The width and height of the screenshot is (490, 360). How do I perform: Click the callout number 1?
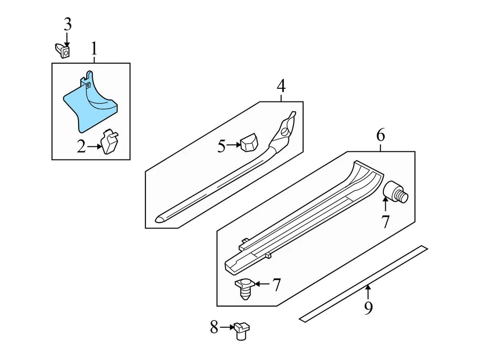coord(94,49)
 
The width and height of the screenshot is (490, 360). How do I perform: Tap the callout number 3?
coord(67,24)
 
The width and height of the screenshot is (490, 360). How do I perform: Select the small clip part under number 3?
coord(63,50)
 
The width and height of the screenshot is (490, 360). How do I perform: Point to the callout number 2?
coord(81,147)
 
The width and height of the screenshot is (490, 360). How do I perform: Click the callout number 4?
coord(281,87)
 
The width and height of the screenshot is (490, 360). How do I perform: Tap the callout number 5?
coord(222,146)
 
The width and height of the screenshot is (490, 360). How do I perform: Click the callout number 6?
coord(380,136)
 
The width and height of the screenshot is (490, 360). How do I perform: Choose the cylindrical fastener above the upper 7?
coord(395,191)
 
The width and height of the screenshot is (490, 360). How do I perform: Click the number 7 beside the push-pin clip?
coord(276,285)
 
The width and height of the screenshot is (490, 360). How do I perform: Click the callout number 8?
coord(214,327)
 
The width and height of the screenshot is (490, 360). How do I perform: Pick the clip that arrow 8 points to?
coord(240,330)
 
